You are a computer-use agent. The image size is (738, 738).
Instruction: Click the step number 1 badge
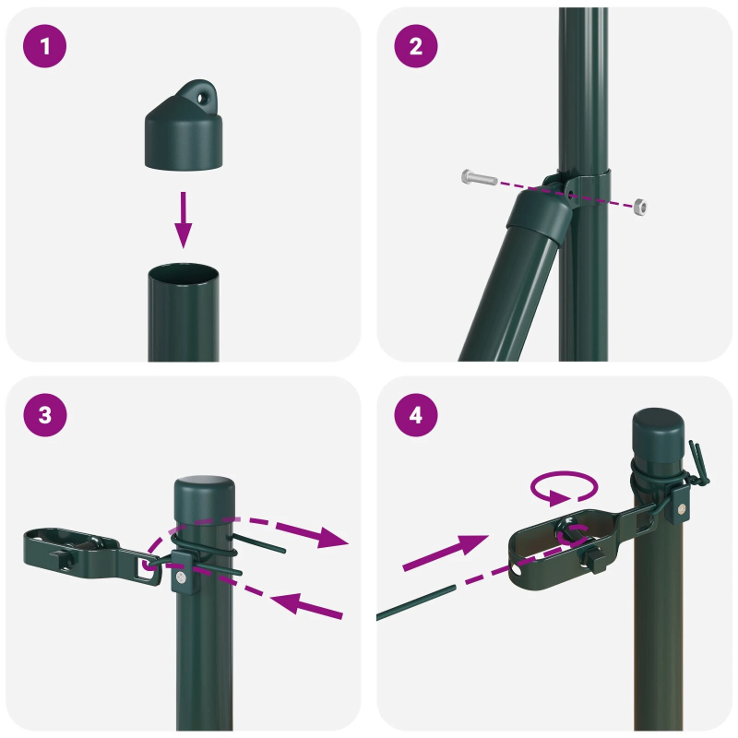46,46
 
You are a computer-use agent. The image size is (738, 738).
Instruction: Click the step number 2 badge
416,46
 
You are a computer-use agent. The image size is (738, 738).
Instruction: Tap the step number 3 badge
46,415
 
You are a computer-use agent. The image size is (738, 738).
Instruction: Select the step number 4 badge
416,415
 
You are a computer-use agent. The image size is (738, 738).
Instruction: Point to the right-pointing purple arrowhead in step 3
332,537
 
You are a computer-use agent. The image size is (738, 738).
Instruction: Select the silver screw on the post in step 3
182,578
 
